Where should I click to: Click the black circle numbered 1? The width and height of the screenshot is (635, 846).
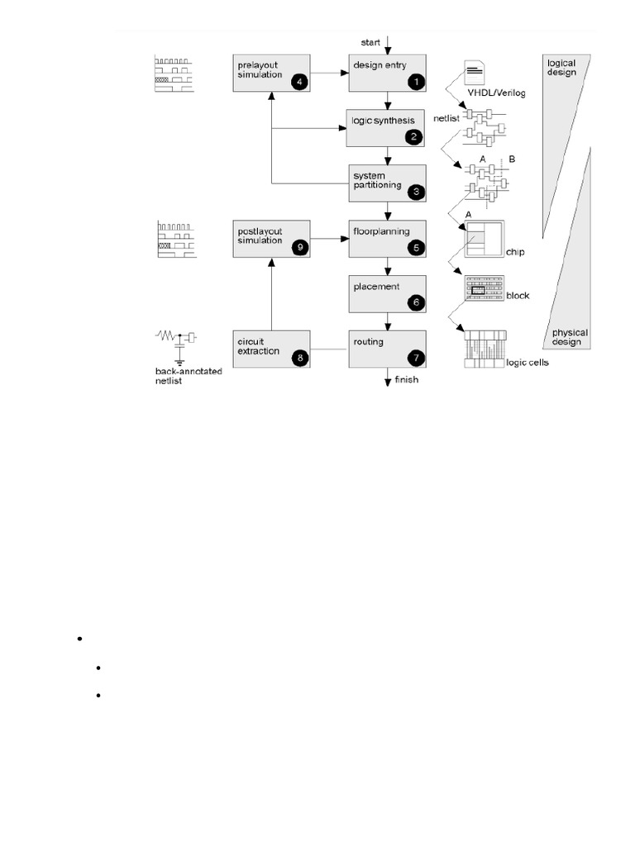pos(417,82)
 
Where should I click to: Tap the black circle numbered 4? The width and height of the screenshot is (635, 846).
pos(299,82)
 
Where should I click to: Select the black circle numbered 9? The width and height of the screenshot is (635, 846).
pos(299,248)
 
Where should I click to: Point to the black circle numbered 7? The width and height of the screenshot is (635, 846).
pos(417,358)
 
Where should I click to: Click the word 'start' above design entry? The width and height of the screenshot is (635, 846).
pos(370,42)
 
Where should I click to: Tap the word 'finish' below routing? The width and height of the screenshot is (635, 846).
pos(407,379)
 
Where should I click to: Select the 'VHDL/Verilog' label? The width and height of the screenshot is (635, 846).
pos(496,93)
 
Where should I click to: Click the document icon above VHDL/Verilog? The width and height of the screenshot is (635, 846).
pos(475,73)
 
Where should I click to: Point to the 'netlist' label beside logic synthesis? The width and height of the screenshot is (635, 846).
pos(446,118)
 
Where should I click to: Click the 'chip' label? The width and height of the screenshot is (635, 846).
pos(515,252)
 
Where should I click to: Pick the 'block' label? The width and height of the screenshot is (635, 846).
pos(518,296)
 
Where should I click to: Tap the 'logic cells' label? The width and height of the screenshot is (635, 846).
pos(528,363)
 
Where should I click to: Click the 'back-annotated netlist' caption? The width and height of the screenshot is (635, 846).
pos(189,376)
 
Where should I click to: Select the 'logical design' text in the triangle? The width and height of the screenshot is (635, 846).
pos(561,68)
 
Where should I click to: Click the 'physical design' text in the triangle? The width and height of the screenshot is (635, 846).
pos(570,337)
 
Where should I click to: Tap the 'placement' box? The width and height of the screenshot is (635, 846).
pos(387,294)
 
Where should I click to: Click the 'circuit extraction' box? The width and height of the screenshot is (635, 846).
pos(271,349)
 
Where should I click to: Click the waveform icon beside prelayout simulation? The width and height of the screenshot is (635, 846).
pos(174,74)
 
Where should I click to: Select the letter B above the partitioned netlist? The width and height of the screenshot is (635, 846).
pos(512,159)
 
